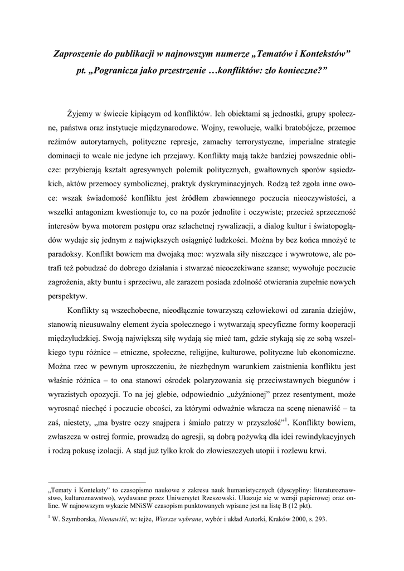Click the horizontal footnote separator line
tap(97, 481)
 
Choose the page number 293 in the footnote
tap(319, 519)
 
